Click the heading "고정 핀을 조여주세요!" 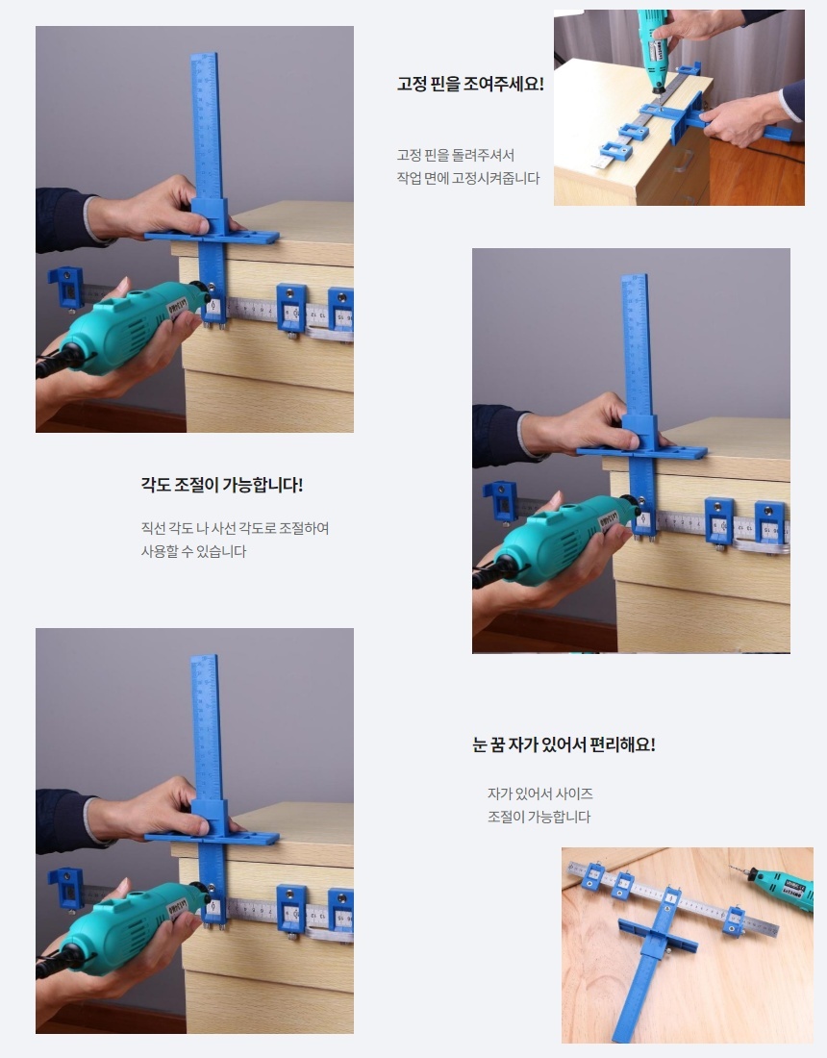tap(470, 85)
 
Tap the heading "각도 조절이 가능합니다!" tap(222, 485)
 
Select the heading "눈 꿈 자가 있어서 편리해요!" tap(564, 744)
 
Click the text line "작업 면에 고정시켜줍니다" tap(468, 178)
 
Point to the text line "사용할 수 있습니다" tap(193, 551)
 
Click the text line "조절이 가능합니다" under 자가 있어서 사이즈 tap(539, 817)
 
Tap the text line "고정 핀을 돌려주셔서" tap(455, 155)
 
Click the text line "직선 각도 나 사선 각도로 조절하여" tap(235, 528)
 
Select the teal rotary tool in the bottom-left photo tap(125, 928)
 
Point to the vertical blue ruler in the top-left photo tap(208, 182)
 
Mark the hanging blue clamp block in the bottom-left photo tap(66, 888)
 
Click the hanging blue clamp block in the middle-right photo tap(501, 501)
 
